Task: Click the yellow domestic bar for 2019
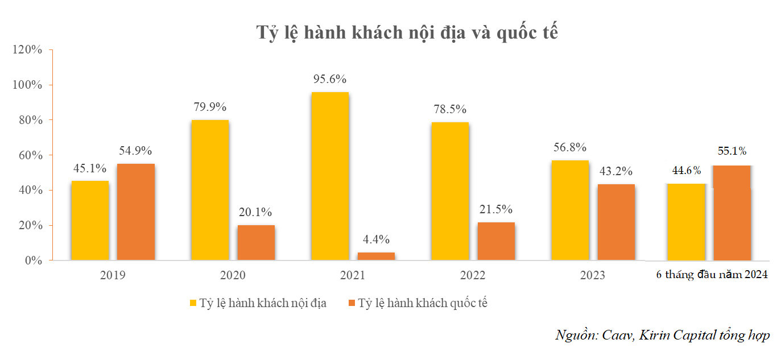click(90, 221)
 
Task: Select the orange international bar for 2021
click(376, 256)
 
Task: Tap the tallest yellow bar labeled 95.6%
click(330, 176)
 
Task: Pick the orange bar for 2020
click(256, 243)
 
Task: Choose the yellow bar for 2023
click(570, 210)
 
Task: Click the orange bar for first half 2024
click(731, 213)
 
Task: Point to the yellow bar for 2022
click(450, 191)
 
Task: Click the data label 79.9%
click(210, 107)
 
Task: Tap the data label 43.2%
click(615, 171)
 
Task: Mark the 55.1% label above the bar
click(731, 151)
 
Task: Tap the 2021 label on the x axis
click(353, 276)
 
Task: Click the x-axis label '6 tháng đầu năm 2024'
click(712, 275)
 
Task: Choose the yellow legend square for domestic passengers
click(192, 303)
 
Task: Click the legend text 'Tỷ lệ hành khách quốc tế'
click(423, 303)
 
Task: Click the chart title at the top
click(407, 32)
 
